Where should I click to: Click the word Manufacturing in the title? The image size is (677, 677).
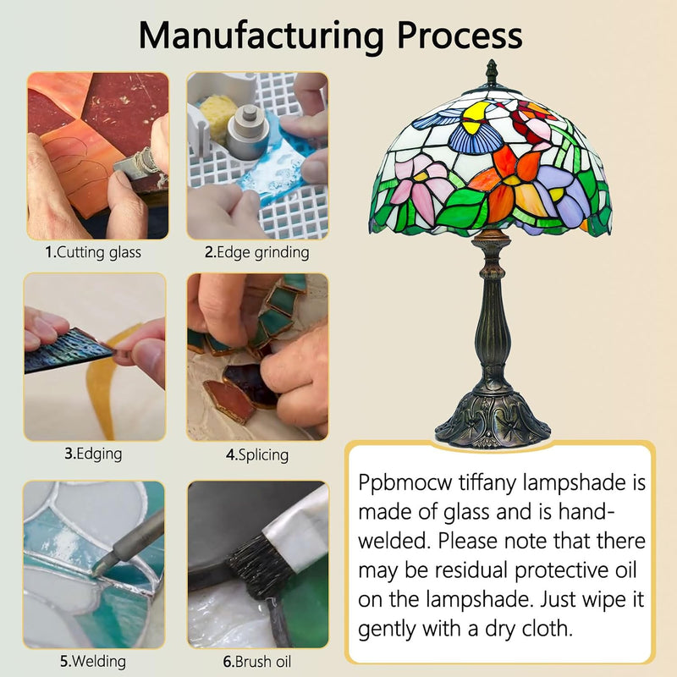(x=261, y=36)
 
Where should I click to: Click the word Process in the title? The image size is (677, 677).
(x=460, y=35)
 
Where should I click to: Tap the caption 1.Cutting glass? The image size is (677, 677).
(x=93, y=252)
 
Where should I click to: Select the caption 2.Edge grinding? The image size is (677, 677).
(x=257, y=252)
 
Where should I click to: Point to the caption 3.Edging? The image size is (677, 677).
(x=93, y=454)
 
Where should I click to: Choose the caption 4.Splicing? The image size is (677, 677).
(x=257, y=455)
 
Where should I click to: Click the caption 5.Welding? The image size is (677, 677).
(x=93, y=662)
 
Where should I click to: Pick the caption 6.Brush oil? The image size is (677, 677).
(x=257, y=662)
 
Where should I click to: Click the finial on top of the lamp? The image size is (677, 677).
(x=492, y=73)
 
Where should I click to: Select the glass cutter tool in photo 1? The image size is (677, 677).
(x=138, y=164)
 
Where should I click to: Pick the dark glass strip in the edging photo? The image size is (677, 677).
(x=67, y=350)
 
